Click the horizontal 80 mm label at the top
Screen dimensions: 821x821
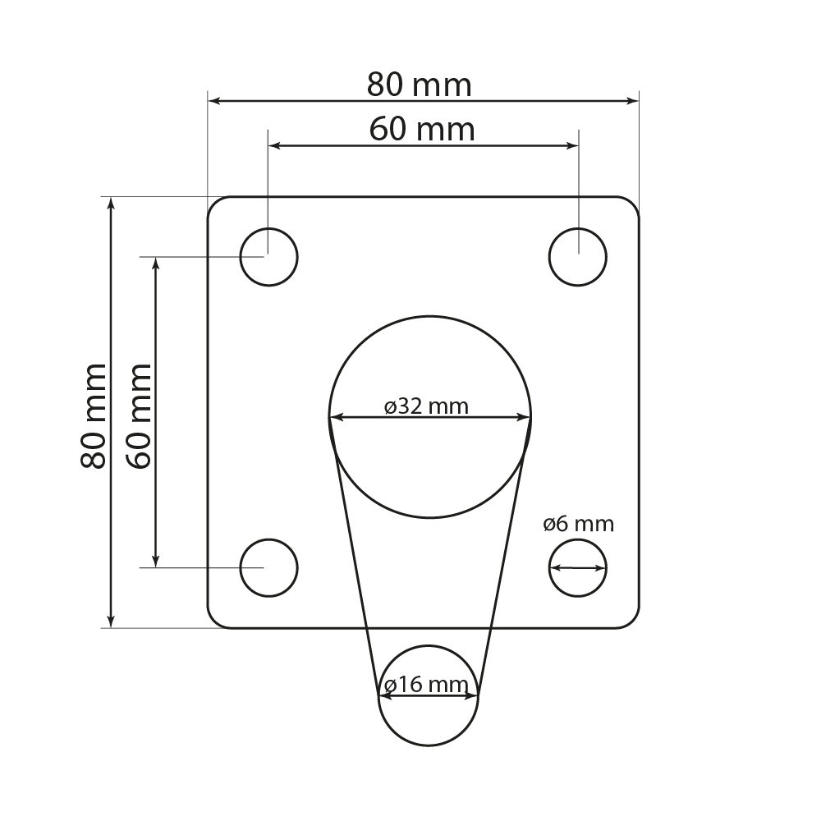tap(419, 85)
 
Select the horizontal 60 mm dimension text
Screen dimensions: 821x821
tap(422, 130)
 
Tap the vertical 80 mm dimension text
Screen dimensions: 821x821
tap(94, 415)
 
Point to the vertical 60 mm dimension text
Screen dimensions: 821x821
tap(140, 415)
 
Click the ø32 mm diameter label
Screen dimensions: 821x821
tap(426, 406)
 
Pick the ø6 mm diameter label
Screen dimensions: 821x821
tap(578, 524)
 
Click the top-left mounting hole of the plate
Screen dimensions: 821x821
tap(268, 257)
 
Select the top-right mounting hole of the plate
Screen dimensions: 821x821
tap(578, 257)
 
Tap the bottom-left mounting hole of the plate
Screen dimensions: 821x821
tap(268, 567)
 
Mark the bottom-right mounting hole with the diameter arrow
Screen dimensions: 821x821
tap(578, 567)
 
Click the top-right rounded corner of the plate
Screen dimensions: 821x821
tap(633, 203)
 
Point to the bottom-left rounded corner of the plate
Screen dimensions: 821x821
tap(213, 622)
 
